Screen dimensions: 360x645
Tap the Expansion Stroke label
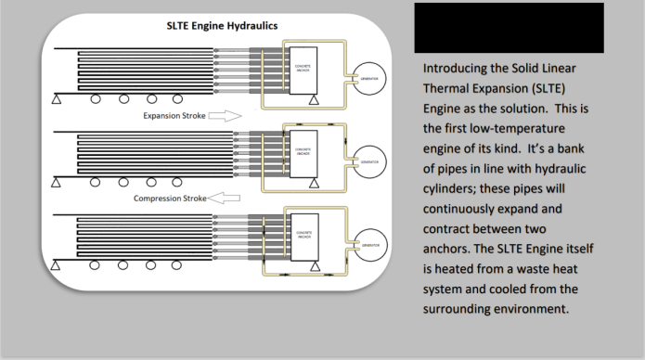pos(174,116)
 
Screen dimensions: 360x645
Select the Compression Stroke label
pos(171,198)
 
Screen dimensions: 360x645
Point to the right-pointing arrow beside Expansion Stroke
pos(226,116)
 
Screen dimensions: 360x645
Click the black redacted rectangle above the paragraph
pos(509,28)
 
